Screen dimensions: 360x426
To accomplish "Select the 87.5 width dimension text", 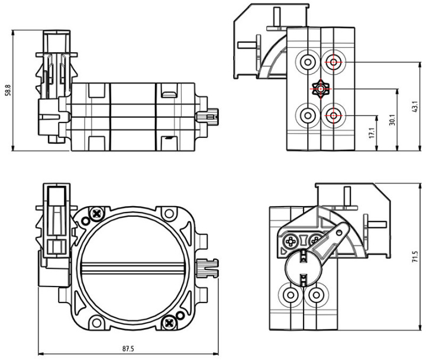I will click(126, 348).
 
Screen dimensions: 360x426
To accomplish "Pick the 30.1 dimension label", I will click(392, 119).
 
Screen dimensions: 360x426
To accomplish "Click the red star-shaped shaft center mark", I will click(321, 89).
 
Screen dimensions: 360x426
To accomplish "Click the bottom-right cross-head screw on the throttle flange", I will click(170, 322).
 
